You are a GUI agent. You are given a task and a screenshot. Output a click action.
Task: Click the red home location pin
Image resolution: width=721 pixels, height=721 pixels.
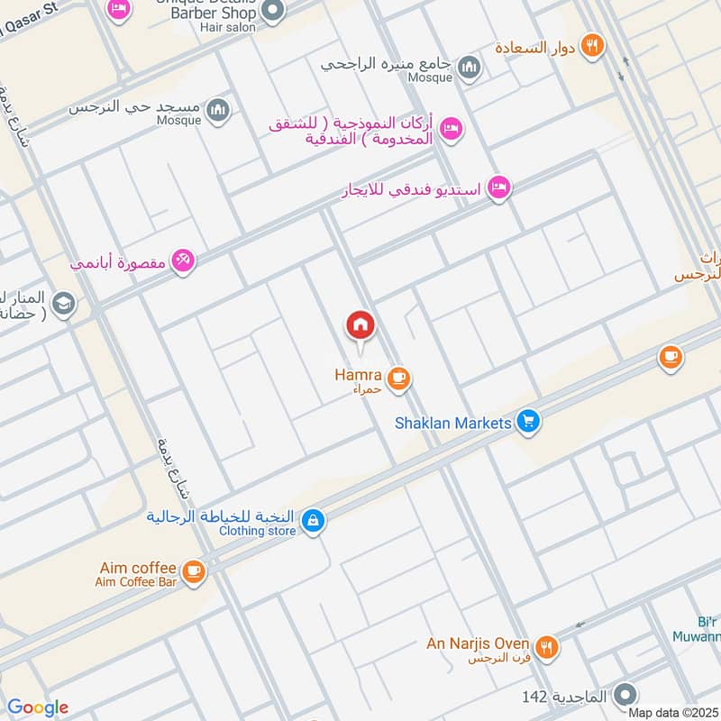pos(360,324)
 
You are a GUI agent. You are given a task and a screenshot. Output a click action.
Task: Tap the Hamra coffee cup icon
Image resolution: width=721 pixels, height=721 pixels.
pos(399,379)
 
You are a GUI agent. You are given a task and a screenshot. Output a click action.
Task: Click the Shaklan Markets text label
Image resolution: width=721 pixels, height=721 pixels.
pos(453,422)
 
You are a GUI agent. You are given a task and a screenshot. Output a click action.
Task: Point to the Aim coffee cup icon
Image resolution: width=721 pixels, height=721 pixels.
pos(193,570)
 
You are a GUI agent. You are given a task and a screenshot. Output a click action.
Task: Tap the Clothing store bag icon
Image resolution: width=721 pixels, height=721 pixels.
pos(312,521)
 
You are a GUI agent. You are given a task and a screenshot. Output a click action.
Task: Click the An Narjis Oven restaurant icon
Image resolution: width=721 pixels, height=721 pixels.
pos(545,646)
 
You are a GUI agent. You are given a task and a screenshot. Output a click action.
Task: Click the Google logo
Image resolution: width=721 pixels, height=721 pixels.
pos(36,708)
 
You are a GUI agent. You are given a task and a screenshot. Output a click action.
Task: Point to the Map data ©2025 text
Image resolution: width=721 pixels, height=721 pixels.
pos(672,713)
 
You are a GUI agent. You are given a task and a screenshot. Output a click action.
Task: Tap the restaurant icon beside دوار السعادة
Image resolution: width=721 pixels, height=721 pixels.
pos(591,45)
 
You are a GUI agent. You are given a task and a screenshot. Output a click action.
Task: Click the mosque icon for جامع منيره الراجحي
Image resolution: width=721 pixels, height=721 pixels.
pos(469,68)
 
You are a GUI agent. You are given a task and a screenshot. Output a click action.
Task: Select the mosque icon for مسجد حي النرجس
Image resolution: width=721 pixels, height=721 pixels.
pos(217,112)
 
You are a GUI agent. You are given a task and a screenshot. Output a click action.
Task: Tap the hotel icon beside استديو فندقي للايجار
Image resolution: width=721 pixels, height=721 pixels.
pos(498,188)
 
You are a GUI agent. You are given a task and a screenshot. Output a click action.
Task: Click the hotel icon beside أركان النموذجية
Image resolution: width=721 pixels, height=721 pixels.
pos(452,129)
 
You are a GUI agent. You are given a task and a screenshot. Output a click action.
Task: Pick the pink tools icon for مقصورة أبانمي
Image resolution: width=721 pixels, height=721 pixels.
pos(184,260)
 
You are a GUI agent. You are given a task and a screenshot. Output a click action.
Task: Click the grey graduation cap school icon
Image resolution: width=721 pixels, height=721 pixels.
pos(63,304)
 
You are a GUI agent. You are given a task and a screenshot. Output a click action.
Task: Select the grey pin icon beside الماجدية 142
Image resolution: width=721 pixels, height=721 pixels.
pos(625,695)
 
